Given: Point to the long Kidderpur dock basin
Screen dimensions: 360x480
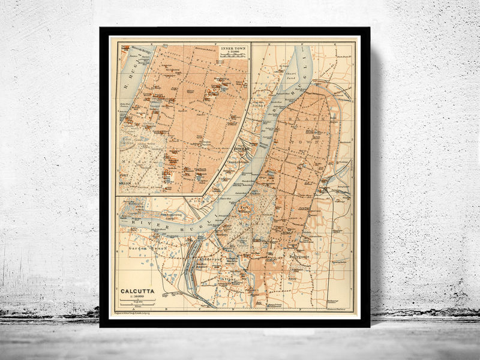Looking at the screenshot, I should (x=194, y=267).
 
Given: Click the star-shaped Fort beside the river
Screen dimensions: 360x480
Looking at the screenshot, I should (x=244, y=212).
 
